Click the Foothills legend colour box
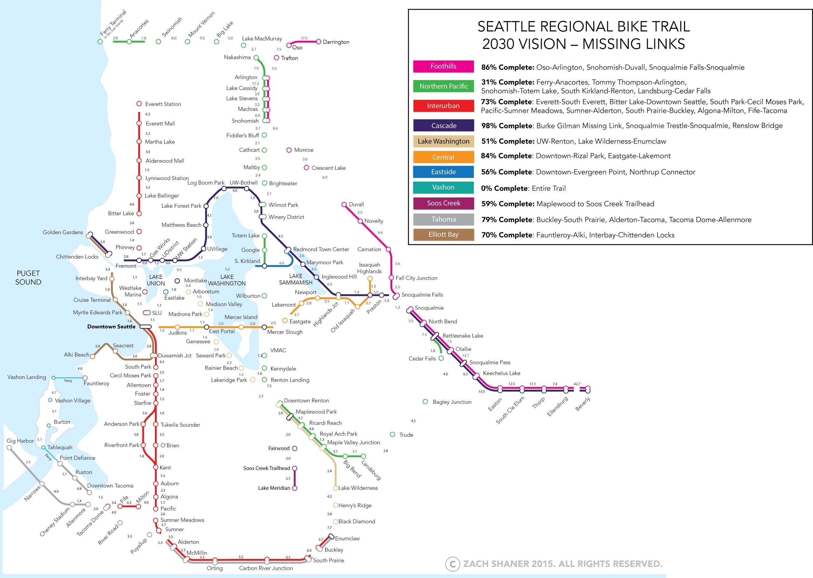point(443,66)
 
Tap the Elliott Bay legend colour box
point(443,235)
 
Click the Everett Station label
point(163,104)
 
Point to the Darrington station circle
point(319,42)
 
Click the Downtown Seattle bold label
point(111,326)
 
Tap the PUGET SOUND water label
point(28,278)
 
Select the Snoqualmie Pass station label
point(490,362)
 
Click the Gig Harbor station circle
point(9,448)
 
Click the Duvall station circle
point(344,204)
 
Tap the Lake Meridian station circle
point(295,488)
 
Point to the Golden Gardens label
point(63,232)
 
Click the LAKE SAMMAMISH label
point(295,279)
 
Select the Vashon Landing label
point(27,377)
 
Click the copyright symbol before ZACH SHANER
point(452,564)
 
